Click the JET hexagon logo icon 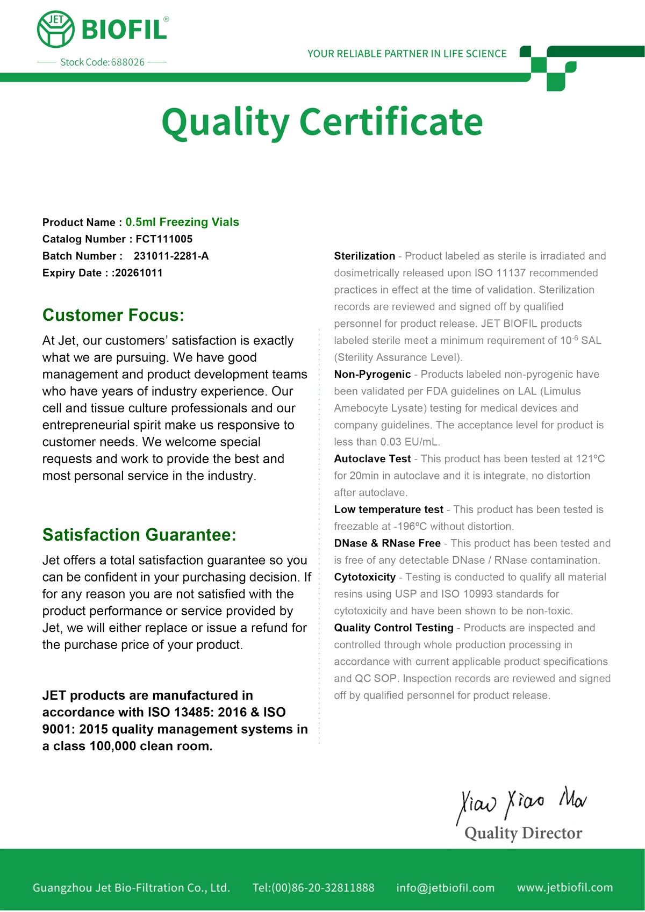56,29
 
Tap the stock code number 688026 128,62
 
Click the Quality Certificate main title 322,122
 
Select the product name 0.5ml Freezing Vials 182,222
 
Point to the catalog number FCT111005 164,239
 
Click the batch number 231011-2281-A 171,256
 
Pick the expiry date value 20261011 139,273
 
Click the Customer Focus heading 113,315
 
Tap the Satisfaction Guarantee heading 139,535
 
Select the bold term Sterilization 364,256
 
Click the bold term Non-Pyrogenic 372,375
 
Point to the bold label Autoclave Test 372,459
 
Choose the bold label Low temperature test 389,509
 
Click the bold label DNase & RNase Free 387,543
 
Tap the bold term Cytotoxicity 364,577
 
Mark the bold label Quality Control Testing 393,628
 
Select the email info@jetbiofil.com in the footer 445,888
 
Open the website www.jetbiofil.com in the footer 564,887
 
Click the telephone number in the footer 313,888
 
